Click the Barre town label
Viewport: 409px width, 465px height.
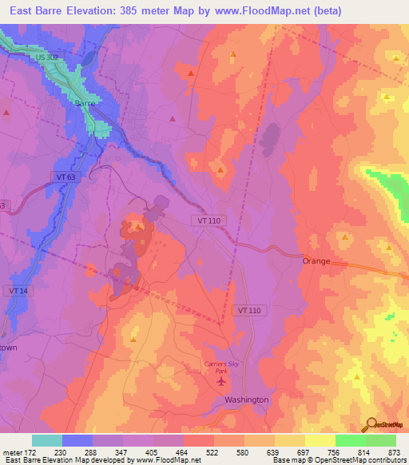85,104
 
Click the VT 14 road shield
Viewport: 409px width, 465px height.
18,291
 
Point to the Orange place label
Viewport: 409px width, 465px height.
316,261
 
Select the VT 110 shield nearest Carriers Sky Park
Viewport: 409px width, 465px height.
248,309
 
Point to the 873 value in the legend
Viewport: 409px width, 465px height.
395,451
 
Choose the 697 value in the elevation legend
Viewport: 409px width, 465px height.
305,451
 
